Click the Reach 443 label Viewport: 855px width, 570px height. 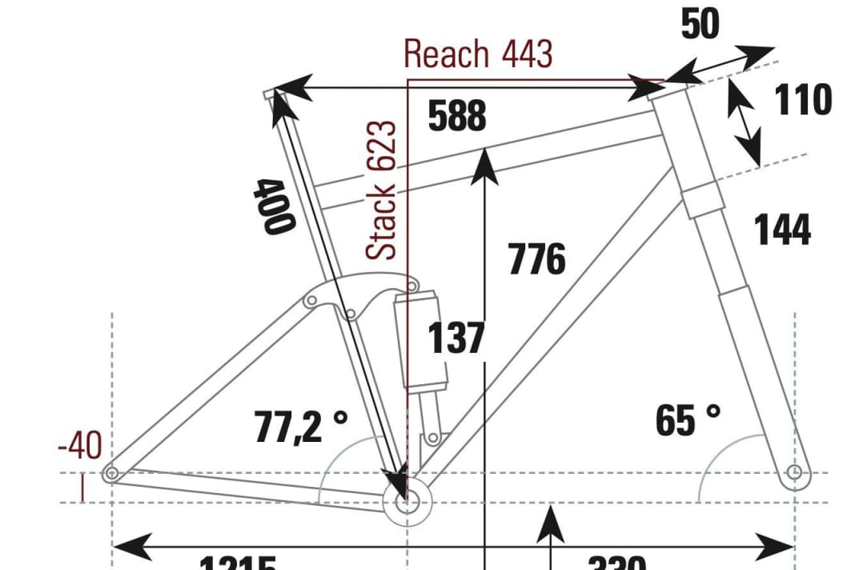(478, 54)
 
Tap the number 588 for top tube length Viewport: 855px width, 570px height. (457, 116)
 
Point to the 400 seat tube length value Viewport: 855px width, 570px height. (271, 206)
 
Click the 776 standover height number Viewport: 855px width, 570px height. (536, 259)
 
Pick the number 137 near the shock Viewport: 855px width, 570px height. (456, 338)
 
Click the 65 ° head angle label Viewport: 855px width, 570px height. (688, 420)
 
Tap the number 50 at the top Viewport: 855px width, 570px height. (700, 25)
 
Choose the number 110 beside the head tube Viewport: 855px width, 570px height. (803, 101)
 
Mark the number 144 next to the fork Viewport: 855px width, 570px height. (782, 231)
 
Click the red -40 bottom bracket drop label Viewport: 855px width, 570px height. (80, 446)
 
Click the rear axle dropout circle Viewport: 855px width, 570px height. (112, 473)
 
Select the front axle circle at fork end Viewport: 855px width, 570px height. (794, 472)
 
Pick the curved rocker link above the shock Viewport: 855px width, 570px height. (360, 292)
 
